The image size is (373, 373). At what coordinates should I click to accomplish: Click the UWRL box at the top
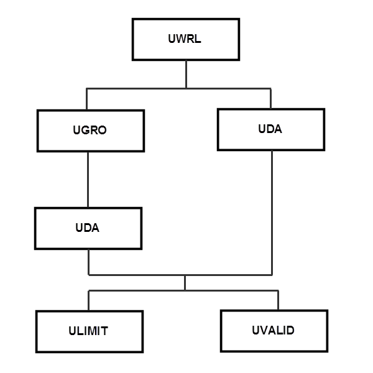185,39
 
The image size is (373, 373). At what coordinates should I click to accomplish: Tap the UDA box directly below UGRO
88,228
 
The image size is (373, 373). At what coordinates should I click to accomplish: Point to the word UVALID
274,330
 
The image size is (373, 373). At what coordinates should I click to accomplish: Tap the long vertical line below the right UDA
271,211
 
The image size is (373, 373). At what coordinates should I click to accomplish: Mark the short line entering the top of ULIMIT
88,301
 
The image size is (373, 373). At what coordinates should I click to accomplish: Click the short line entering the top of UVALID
278,300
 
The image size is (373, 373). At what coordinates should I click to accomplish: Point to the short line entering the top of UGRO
87,99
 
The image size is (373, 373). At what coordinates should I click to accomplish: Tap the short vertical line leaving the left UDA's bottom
88,262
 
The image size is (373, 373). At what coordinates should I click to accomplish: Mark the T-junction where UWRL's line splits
185,89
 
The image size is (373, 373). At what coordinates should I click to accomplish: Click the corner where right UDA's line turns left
271,274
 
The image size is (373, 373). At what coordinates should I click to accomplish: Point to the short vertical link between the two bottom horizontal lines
185,283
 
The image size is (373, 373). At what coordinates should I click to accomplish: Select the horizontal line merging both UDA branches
180,274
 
